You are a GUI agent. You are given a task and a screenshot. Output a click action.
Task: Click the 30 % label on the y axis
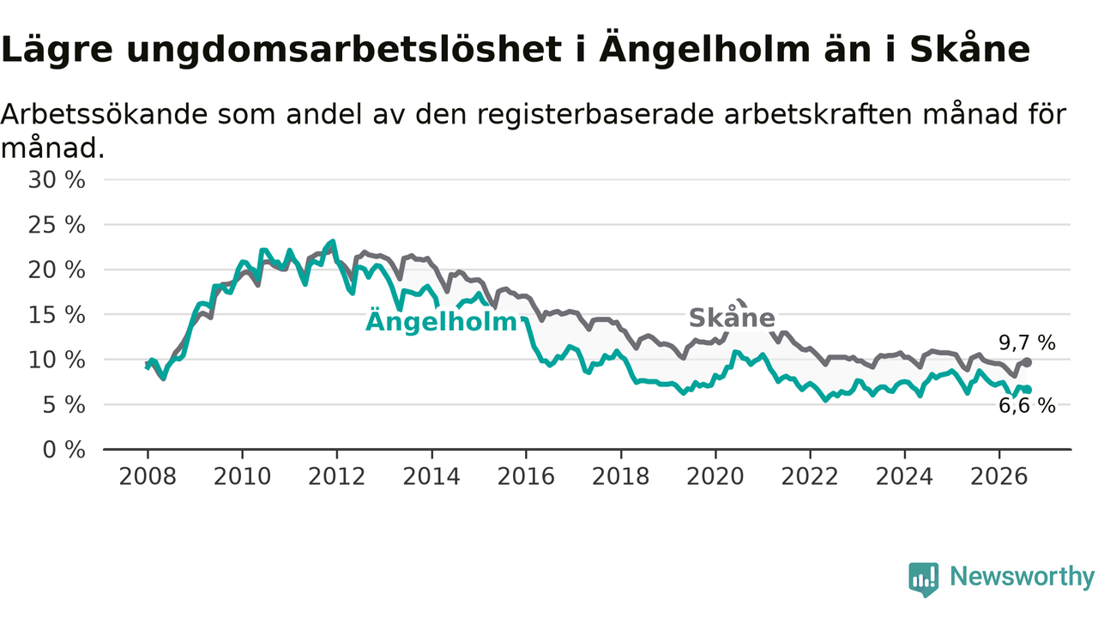(57, 180)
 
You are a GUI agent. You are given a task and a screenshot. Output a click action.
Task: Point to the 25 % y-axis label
(57, 225)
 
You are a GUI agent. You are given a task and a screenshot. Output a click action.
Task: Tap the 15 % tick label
(57, 315)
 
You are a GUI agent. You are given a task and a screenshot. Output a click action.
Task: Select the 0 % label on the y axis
(63, 450)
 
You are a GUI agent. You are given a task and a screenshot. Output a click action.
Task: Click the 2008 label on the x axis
(148, 476)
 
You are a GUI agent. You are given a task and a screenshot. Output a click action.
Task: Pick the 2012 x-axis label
(337, 476)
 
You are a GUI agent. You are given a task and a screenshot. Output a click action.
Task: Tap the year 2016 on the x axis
(526, 476)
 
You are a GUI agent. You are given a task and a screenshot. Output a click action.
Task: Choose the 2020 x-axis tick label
(715, 476)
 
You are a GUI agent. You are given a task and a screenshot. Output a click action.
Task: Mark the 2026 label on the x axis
(999, 476)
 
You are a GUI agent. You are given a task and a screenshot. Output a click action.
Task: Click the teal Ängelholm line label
(441, 321)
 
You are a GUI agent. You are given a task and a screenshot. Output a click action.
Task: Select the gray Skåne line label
(732, 318)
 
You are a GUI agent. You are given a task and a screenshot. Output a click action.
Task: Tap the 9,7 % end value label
(1027, 342)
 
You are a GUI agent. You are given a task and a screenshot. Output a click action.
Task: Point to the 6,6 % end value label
(1027, 406)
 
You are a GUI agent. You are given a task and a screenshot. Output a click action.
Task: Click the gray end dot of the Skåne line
(1028, 362)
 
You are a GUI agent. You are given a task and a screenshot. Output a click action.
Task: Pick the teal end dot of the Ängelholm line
(1028, 390)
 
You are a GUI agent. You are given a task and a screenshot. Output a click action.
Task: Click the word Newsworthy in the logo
(1023, 576)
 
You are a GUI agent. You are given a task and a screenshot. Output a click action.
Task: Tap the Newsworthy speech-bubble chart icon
(924, 579)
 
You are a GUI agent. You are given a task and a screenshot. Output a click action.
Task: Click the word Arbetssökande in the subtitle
(104, 114)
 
